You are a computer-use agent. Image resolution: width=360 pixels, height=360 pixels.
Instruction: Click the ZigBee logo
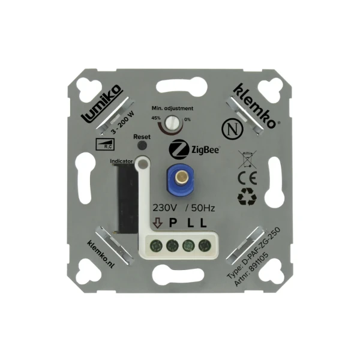coord(194,148)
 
